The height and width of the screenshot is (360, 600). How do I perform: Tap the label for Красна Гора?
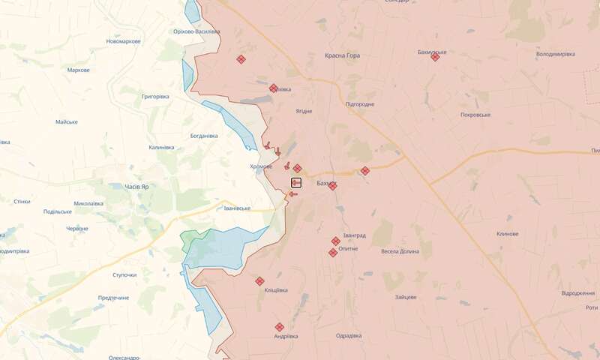342,55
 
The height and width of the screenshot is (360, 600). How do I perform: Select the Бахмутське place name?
432,52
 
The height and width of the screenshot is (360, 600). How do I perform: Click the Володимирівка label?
555,55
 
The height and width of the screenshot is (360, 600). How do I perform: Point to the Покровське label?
475,115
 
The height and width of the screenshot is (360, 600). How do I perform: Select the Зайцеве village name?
405,297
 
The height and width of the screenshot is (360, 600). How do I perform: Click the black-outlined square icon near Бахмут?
296,182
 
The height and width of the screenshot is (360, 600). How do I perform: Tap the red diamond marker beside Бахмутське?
435,57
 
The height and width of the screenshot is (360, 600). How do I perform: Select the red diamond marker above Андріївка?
279,327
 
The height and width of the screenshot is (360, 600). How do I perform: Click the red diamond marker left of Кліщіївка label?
259,281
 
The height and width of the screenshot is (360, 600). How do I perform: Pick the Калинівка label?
161,148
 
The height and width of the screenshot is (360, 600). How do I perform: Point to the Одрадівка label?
349,335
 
